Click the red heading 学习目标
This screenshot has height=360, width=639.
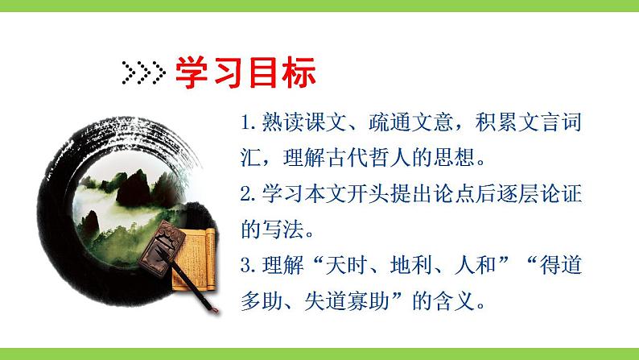click(x=246, y=73)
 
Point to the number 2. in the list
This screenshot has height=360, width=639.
click(x=248, y=194)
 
